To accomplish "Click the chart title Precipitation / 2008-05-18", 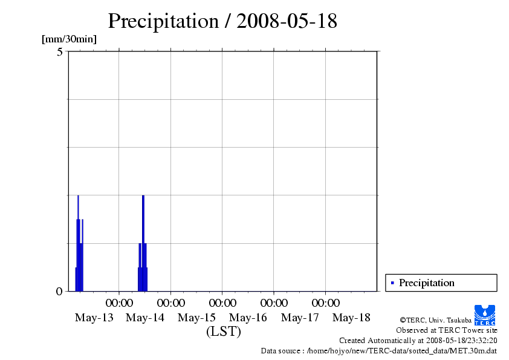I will [x=222, y=21].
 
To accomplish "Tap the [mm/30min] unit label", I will [x=69, y=39].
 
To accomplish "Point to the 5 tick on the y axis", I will [x=59, y=52].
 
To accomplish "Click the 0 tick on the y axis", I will [x=59, y=291].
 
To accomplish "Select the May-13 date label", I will [x=94, y=318].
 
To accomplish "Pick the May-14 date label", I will [x=145, y=318].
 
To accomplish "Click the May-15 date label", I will [x=196, y=318].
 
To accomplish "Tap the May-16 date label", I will [x=248, y=318].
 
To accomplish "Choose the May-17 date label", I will [x=300, y=318].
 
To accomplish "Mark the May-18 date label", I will [x=351, y=318].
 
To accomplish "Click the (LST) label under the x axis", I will [x=223, y=332].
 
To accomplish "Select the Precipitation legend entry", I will [x=426, y=283].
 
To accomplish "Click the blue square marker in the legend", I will [x=392, y=283].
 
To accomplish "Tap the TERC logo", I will [x=485, y=315].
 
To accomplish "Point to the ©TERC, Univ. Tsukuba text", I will [x=435, y=320].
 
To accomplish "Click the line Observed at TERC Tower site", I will [x=446, y=330].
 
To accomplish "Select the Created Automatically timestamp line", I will [x=418, y=341].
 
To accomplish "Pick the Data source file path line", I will [x=378, y=351].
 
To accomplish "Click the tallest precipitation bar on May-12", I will [x=78, y=242].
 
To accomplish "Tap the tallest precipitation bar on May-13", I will [x=143, y=242].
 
